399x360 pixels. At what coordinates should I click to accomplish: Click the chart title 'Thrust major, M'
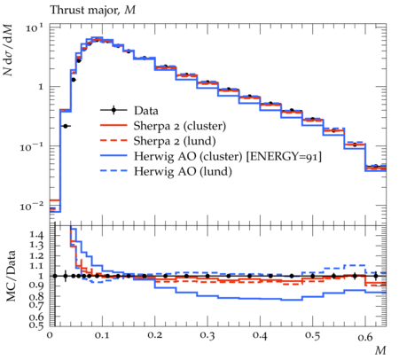click(x=93, y=11)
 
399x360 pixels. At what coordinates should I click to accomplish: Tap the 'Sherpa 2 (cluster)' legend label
click(x=180, y=126)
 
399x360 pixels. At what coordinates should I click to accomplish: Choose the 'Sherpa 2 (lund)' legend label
click(x=175, y=141)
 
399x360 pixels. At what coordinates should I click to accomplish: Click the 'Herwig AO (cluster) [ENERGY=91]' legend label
click(x=228, y=156)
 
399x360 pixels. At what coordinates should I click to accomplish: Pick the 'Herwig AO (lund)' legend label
click(x=183, y=171)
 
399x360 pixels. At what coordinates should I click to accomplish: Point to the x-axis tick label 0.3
click(x=207, y=336)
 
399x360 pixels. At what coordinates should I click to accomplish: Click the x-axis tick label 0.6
click(x=365, y=336)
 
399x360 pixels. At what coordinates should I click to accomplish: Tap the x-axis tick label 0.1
click(x=102, y=336)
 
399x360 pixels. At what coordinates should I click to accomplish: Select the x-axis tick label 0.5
click(x=313, y=336)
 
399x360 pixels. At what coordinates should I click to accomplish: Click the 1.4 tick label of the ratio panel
click(x=36, y=236)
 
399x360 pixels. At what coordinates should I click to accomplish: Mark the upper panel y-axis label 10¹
click(x=35, y=28)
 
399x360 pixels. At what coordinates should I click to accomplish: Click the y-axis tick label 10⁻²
click(x=32, y=206)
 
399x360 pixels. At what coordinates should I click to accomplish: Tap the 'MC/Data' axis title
click(x=12, y=276)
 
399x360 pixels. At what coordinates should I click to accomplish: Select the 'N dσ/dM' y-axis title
click(x=8, y=50)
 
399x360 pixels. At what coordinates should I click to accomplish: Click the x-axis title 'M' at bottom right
click(x=380, y=350)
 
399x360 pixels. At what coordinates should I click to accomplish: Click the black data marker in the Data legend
click(x=113, y=111)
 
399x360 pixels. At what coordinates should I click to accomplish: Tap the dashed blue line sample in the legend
click(x=113, y=171)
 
